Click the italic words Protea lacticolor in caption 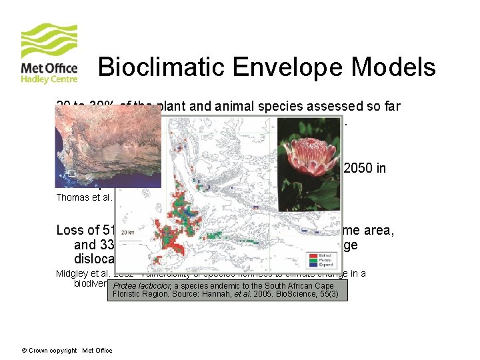pos(141,285)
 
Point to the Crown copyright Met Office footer pos(66,351)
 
